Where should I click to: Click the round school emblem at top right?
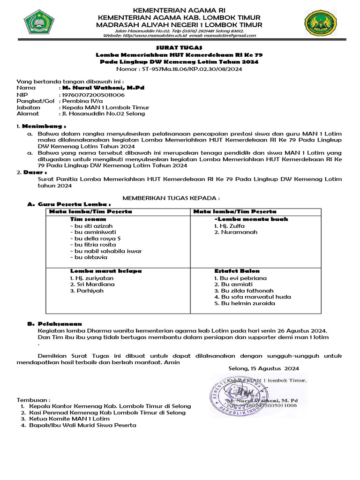pyautogui.click(x=320, y=23)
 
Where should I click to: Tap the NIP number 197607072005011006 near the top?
pyautogui.click(x=93, y=94)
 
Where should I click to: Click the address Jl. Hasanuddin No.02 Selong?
pyautogui.click(x=104, y=113)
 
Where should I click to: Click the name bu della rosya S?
pyautogui.click(x=95, y=238)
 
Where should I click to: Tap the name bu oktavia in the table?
pyautogui.click(x=89, y=257)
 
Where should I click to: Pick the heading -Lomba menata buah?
pyautogui.click(x=251, y=219)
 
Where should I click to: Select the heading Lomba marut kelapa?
pyautogui.click(x=106, y=271)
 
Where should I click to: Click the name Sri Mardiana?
pyautogui.click(x=92, y=284)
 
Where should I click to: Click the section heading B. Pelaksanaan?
pyautogui.click(x=54, y=323)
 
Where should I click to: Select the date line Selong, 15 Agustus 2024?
pyautogui.click(x=263, y=368)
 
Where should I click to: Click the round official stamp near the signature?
pyautogui.click(x=239, y=393)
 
